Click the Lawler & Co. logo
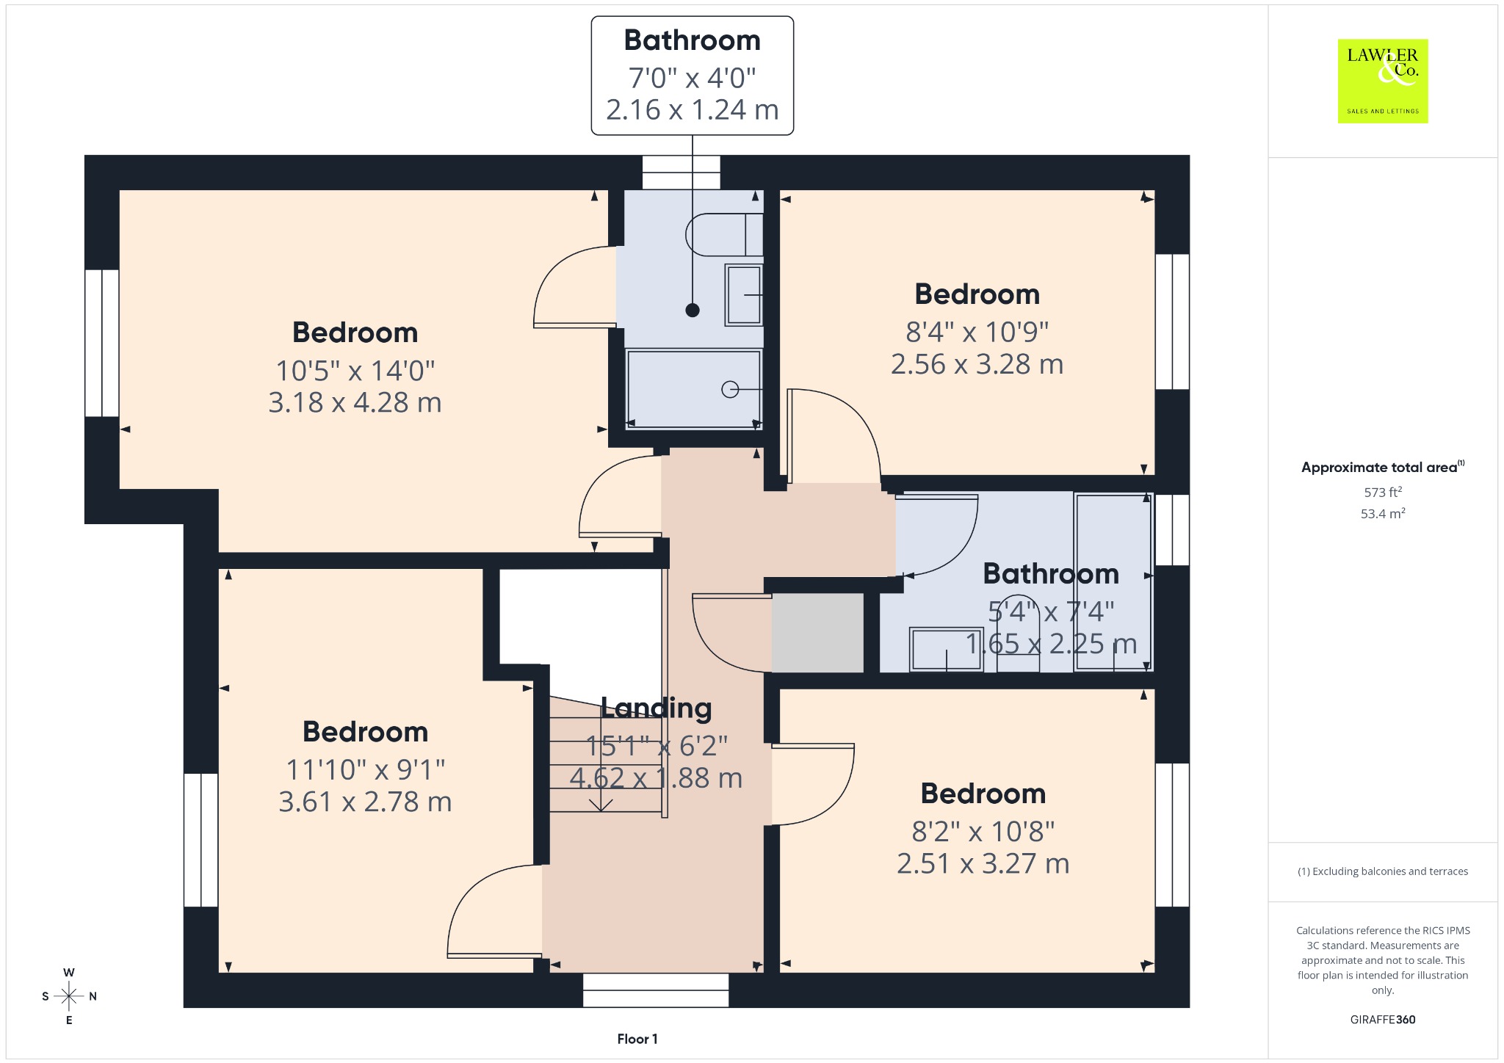[1382, 81]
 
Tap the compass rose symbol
[69, 996]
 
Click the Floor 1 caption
[637, 1039]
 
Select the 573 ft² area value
[1383, 492]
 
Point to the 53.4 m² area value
[1383, 513]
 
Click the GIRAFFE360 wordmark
[1383, 1019]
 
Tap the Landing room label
[657, 708]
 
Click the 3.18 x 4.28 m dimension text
[355, 402]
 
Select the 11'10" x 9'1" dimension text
[365, 769]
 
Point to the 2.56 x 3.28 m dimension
[977, 364]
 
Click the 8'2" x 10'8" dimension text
[983, 831]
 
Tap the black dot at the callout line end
[693, 310]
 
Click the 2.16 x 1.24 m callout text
[692, 110]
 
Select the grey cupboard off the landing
[817, 633]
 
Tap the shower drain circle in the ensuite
[730, 389]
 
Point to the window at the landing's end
[656, 990]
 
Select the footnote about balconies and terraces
[1383, 871]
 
